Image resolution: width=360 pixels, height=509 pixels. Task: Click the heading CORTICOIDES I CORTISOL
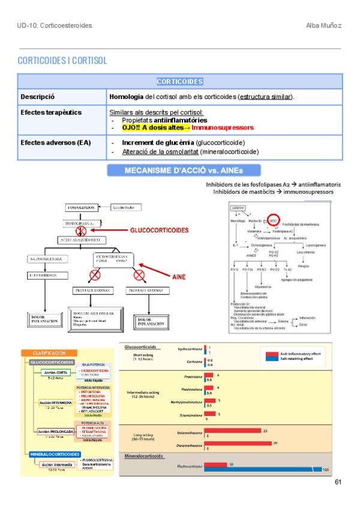[62, 61]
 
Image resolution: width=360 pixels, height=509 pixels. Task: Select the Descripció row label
[38, 97]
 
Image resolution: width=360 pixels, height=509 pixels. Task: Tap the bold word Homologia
[126, 97]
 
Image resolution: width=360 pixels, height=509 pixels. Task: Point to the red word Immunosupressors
[223, 127]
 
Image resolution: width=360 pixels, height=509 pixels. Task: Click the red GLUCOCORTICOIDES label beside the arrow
[159, 230]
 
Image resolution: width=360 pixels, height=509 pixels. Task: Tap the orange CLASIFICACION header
[53, 354]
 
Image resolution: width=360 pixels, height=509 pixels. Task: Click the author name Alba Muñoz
[325, 25]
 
